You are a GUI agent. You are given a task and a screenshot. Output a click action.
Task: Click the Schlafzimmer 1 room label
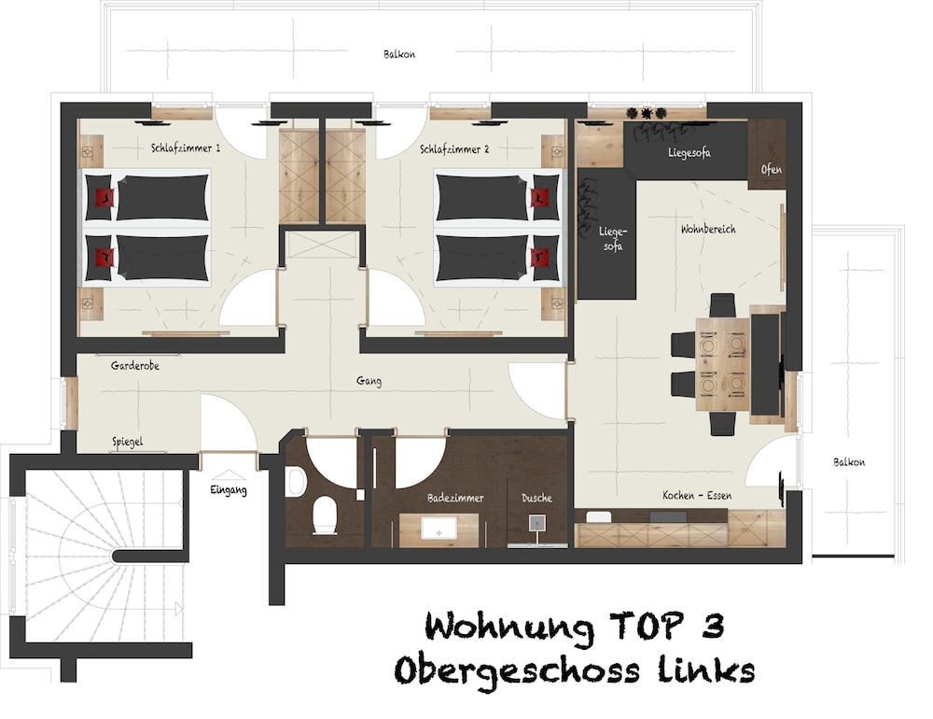click(x=186, y=148)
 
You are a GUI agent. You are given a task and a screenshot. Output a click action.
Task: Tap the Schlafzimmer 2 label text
click(x=454, y=148)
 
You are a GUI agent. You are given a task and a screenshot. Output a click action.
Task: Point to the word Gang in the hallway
click(x=369, y=381)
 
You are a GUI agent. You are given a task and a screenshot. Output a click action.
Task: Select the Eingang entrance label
click(x=228, y=489)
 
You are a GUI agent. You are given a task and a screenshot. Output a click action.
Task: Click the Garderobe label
click(x=134, y=366)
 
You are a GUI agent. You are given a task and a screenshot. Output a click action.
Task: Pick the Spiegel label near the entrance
click(x=127, y=442)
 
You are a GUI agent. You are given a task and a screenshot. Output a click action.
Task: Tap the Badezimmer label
click(x=455, y=498)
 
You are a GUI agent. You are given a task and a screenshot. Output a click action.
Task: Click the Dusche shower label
click(x=536, y=498)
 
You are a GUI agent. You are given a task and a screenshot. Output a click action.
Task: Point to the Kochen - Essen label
click(x=696, y=495)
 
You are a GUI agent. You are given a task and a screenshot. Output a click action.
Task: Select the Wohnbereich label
click(x=708, y=229)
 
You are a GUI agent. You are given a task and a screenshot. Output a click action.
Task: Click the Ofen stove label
click(x=772, y=170)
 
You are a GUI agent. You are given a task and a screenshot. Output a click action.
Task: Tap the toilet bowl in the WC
click(x=325, y=515)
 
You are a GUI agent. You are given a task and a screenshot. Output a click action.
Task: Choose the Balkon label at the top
click(x=399, y=54)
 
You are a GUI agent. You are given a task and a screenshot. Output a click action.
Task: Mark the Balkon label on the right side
click(x=849, y=462)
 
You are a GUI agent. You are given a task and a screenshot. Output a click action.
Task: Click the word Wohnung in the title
click(x=509, y=627)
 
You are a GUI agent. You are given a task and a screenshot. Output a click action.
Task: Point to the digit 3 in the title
click(x=712, y=626)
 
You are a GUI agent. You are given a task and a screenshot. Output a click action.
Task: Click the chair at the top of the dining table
click(x=722, y=305)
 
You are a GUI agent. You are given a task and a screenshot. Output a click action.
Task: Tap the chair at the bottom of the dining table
click(x=722, y=423)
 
